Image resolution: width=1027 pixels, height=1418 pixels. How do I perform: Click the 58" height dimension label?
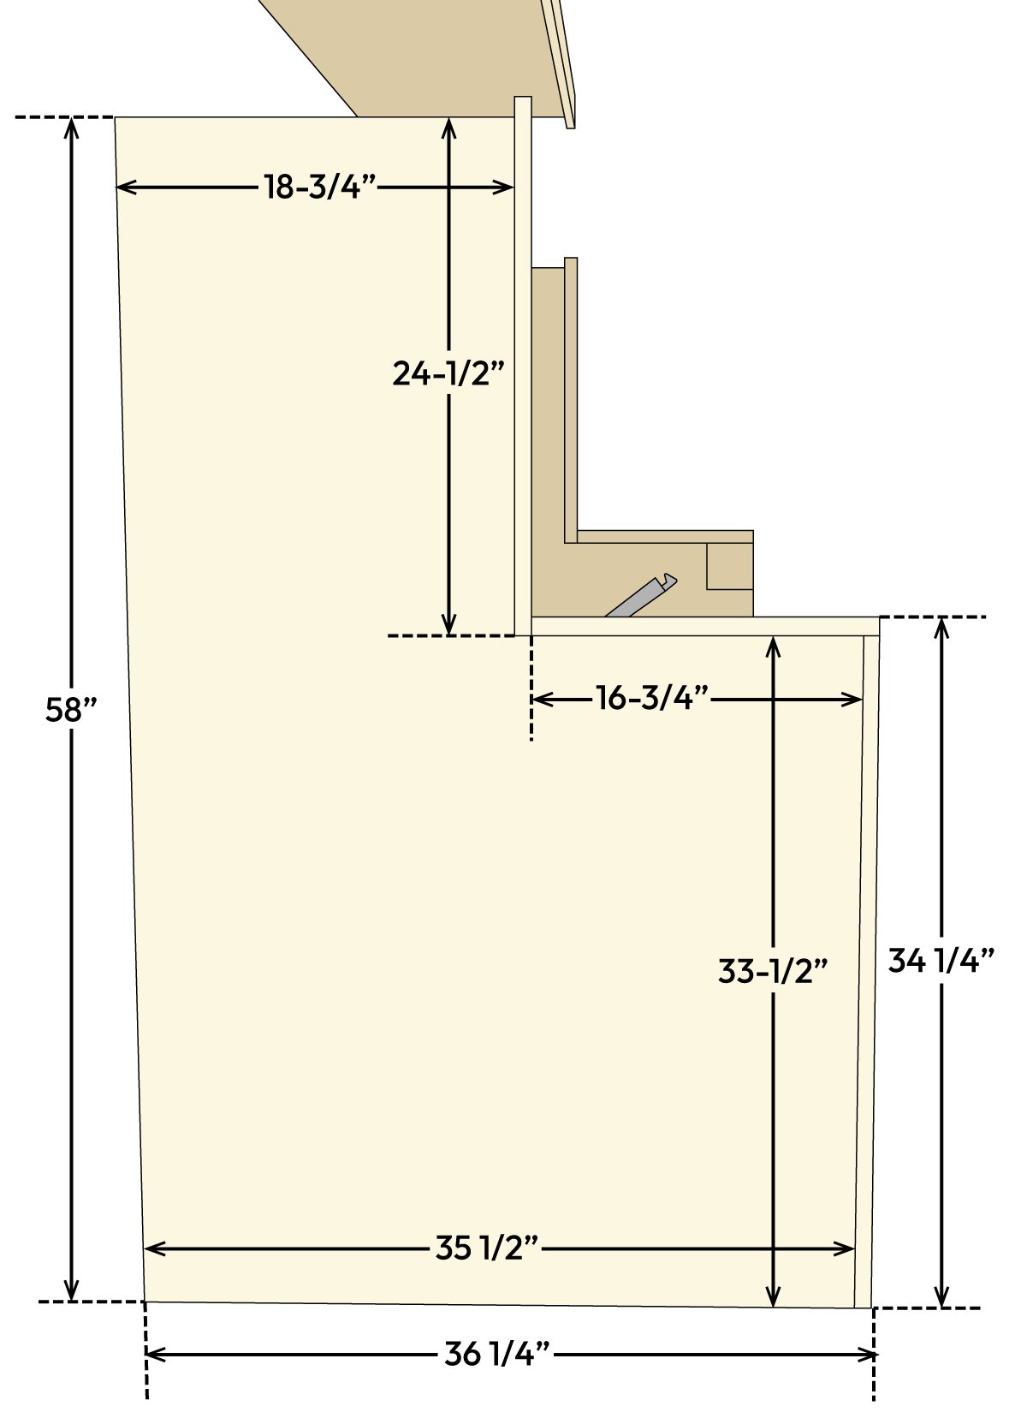pos(72,711)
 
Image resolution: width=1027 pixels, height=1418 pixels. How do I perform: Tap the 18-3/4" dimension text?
pos(319,187)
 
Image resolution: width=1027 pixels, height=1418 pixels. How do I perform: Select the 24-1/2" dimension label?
pos(449,373)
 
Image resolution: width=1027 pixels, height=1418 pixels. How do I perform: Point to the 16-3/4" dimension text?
pos(652,699)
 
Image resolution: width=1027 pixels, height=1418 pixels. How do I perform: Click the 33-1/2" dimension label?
pos(773,971)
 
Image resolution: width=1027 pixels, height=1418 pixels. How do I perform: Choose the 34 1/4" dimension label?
pos(941,961)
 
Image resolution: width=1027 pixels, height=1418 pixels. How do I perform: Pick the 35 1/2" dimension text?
pos(486,1248)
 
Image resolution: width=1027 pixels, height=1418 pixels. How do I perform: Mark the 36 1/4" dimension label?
pos(496,1354)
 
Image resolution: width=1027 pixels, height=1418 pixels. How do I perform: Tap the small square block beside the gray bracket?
pos(729,567)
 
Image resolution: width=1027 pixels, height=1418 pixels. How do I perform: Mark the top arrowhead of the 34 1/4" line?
pos(942,626)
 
